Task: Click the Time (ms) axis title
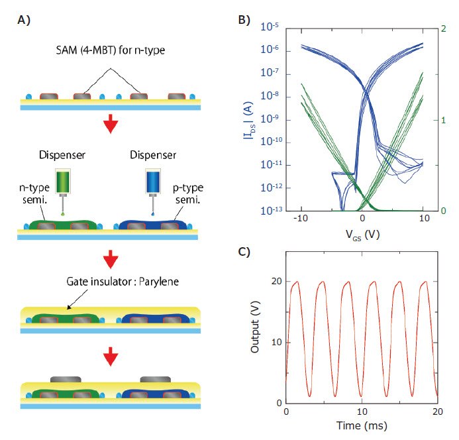(362, 424)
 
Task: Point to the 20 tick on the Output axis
(277, 282)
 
